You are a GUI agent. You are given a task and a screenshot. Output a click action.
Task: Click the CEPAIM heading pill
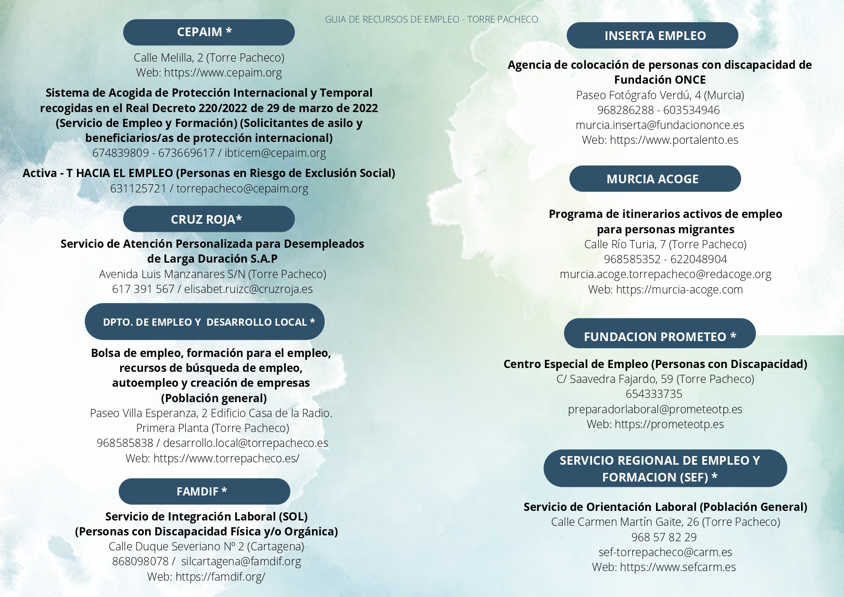pyautogui.click(x=209, y=32)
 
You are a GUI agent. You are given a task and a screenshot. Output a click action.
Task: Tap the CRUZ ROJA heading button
pyautogui.click(x=209, y=219)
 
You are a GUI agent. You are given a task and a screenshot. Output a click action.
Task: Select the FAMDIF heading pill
pyautogui.click(x=204, y=491)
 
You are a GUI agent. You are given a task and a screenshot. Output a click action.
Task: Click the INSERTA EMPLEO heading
pyautogui.click(x=652, y=36)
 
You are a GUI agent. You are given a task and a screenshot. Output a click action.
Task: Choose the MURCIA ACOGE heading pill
pyautogui.click(x=655, y=179)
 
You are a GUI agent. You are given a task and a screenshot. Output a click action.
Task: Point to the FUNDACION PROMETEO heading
pyautogui.click(x=659, y=336)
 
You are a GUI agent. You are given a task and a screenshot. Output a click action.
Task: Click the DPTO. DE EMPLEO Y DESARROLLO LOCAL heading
pyautogui.click(x=205, y=322)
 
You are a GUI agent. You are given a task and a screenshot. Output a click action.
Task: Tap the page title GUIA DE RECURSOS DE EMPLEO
pyautogui.click(x=431, y=20)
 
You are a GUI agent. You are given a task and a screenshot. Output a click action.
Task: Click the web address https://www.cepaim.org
pyautogui.click(x=223, y=73)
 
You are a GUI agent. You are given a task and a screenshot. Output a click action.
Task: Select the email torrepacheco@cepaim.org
pyautogui.click(x=242, y=189)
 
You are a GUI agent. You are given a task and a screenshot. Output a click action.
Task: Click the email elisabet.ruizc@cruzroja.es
pyautogui.click(x=248, y=289)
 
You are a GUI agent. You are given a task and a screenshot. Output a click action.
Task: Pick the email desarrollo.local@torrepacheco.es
pyautogui.click(x=245, y=443)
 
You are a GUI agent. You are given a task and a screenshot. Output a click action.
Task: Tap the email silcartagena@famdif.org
pyautogui.click(x=241, y=561)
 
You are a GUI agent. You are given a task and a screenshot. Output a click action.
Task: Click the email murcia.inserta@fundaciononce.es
pyautogui.click(x=659, y=125)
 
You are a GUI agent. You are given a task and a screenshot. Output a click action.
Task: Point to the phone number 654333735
pyautogui.click(x=654, y=394)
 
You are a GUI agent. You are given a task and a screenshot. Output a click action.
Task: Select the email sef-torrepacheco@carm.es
pyautogui.click(x=665, y=552)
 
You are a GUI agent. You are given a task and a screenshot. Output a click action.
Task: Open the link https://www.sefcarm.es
pyautogui.click(x=678, y=567)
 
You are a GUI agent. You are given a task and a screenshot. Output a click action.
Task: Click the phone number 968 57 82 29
pyautogui.click(x=664, y=537)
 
